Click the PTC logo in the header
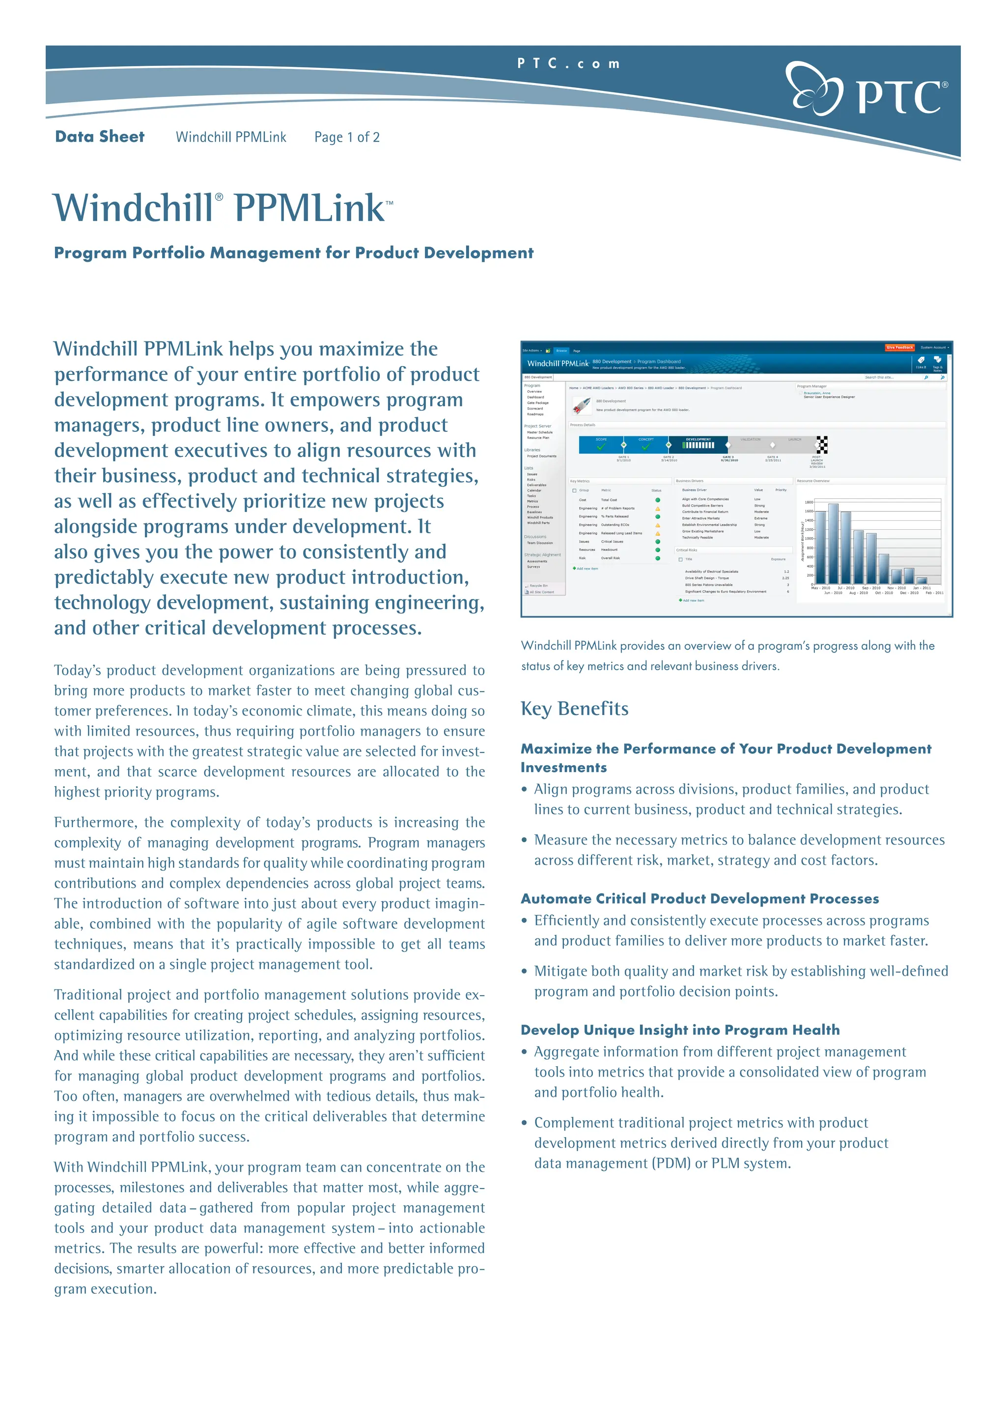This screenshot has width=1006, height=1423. (866, 89)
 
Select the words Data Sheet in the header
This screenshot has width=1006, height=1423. (100, 137)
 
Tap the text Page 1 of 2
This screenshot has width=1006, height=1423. (346, 138)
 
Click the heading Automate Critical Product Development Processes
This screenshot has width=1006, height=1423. (699, 899)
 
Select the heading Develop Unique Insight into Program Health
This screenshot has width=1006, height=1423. (679, 1030)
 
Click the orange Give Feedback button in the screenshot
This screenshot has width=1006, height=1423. (899, 348)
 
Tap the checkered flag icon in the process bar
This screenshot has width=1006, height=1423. (821, 444)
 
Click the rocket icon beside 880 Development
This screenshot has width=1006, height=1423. (582, 406)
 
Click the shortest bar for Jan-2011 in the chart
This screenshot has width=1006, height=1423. (921, 581)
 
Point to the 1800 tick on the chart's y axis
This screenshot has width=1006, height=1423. (809, 502)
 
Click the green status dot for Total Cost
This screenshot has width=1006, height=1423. (657, 500)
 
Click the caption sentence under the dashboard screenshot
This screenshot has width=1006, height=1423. (727, 655)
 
